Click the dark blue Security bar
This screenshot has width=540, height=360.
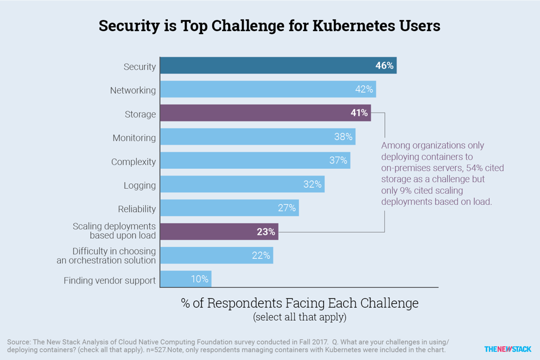(x=277, y=65)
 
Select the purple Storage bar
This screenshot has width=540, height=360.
(x=265, y=113)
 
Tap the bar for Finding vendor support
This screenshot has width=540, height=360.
(x=186, y=279)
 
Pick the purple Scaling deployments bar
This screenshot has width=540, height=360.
(x=219, y=232)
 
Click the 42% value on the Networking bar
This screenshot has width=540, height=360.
(x=364, y=89)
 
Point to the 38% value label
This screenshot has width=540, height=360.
(x=343, y=137)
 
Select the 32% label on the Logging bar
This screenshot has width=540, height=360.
(x=312, y=184)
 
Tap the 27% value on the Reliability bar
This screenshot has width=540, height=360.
(x=287, y=208)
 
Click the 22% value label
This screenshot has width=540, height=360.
(x=261, y=255)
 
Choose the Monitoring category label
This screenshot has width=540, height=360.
(x=134, y=138)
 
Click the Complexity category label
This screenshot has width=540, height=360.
(x=133, y=162)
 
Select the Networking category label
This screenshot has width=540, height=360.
(x=132, y=90)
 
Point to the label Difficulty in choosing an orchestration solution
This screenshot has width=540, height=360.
(x=106, y=255)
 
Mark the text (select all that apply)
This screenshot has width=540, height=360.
(x=300, y=317)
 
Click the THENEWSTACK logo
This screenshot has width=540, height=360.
(x=507, y=349)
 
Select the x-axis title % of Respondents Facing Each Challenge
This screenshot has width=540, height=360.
(x=300, y=303)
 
